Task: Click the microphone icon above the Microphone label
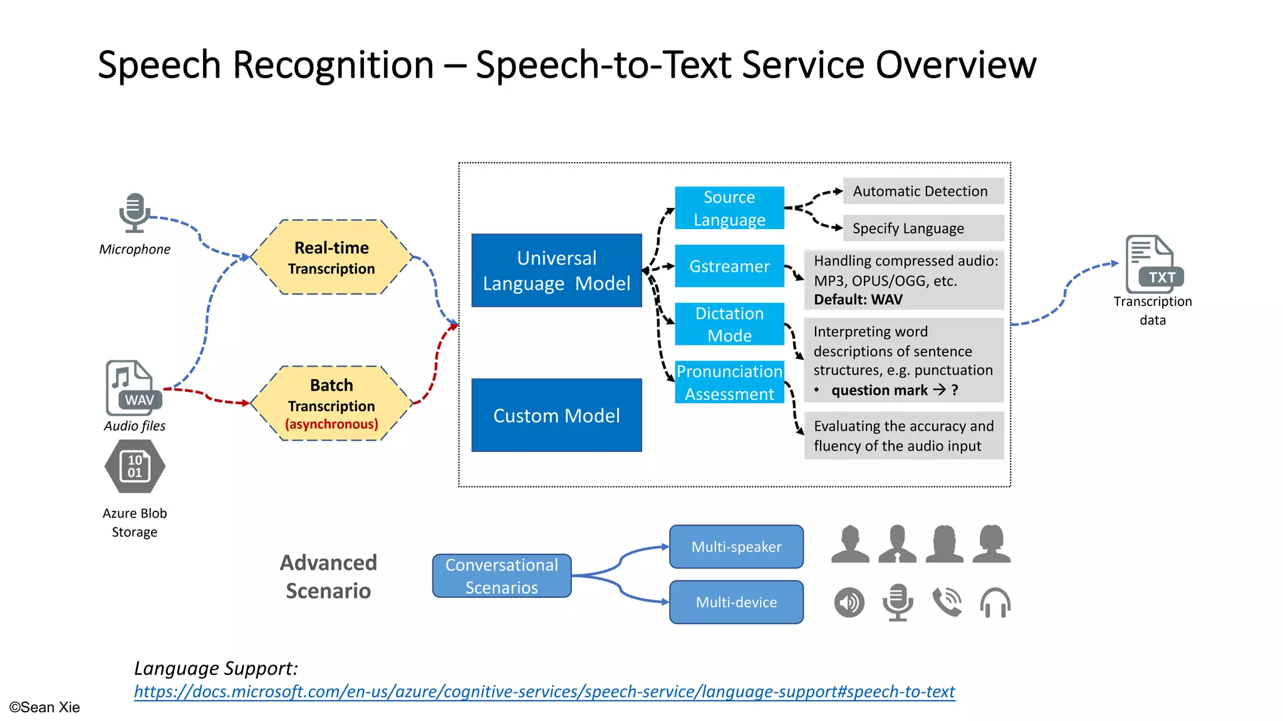point(134,213)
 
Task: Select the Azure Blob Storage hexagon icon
point(135,466)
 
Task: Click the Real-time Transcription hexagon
point(331,257)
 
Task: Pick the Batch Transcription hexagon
point(331,403)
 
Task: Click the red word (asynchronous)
point(331,424)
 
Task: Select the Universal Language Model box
point(556,270)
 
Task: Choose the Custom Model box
point(556,415)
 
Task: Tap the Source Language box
point(729,208)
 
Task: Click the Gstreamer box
point(729,266)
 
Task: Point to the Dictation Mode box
point(729,324)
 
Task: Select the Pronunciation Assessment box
point(729,382)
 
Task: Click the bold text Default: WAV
point(858,300)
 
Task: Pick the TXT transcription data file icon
point(1151,264)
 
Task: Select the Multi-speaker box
point(736,547)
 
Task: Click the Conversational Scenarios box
point(501,576)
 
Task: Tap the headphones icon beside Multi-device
point(995,603)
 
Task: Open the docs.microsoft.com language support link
point(544,692)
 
